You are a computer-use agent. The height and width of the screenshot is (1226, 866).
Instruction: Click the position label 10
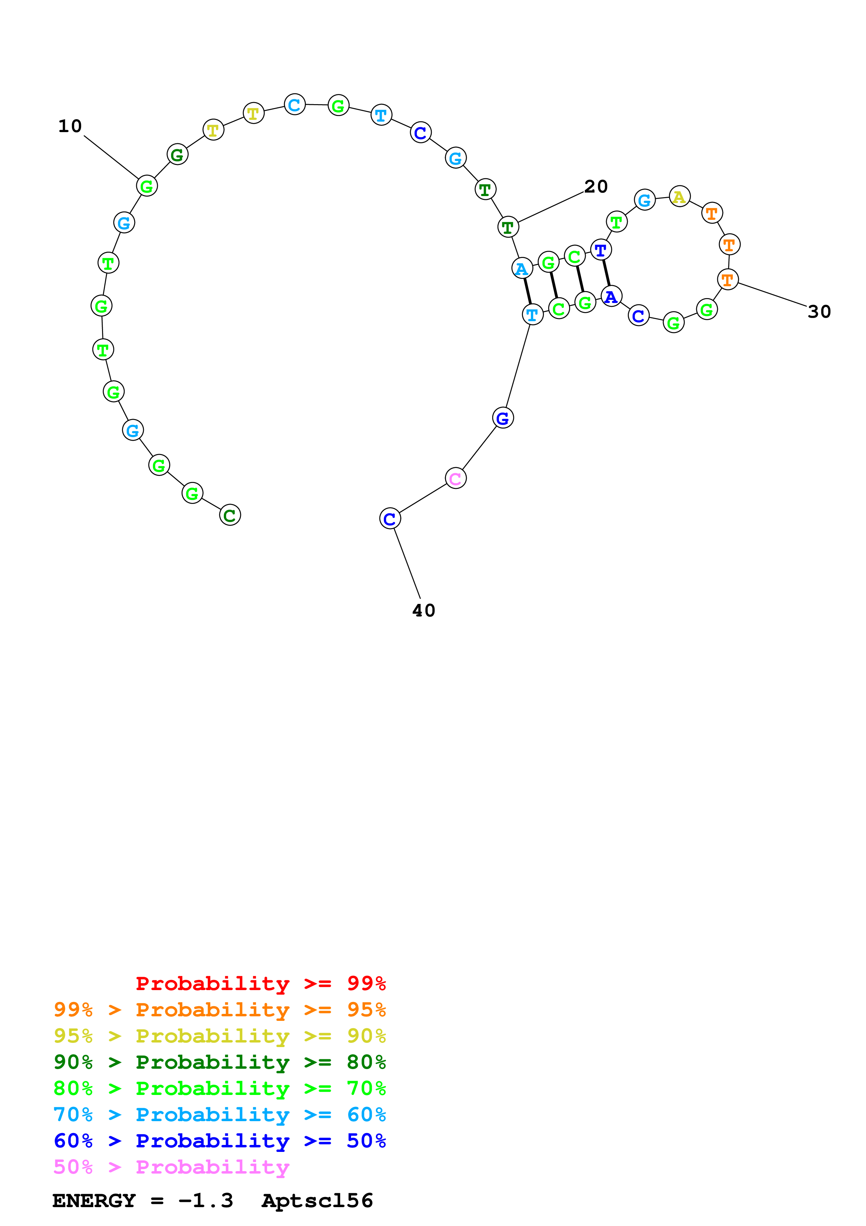pyautogui.click(x=70, y=127)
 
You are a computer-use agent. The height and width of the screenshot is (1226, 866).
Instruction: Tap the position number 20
pyautogui.click(x=596, y=187)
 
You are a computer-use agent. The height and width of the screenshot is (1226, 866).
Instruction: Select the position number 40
pyautogui.click(x=424, y=610)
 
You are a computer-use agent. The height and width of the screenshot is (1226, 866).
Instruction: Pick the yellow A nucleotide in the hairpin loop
pyautogui.click(x=679, y=196)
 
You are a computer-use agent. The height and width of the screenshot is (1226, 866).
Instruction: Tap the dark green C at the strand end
pyautogui.click(x=230, y=515)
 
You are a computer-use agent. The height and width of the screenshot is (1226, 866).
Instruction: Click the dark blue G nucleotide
pyautogui.click(x=503, y=418)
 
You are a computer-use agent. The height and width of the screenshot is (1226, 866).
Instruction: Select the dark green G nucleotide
pyautogui.click(x=177, y=154)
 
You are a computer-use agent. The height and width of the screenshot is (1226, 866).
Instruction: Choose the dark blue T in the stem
pyautogui.click(x=601, y=250)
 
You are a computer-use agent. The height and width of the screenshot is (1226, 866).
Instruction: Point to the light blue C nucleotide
pyautogui.click(x=294, y=104)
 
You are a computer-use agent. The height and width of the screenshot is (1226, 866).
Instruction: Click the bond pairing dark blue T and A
pyautogui.click(x=606, y=273)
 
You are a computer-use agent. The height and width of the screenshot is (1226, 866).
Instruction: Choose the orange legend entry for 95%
pyautogui.click(x=219, y=1010)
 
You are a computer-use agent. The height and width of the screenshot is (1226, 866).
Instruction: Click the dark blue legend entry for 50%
pyautogui.click(x=219, y=1141)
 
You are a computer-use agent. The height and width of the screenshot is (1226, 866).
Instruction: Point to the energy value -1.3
pyautogui.click(x=205, y=1201)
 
